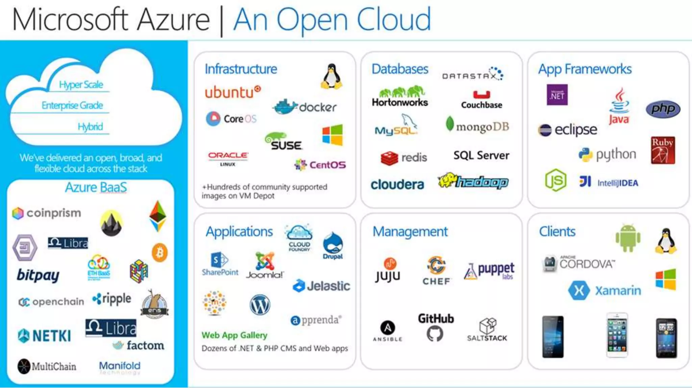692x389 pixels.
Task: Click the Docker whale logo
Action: pos(285,107)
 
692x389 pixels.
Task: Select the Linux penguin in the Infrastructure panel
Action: pos(331,77)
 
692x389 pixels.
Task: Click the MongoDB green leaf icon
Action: pos(449,124)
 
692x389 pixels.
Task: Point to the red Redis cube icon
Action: pos(389,158)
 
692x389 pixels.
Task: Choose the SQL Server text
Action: pos(481,155)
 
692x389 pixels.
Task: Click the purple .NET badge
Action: pos(557,95)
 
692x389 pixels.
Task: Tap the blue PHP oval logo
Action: pos(663,109)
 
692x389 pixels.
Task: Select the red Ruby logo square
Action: pos(663,150)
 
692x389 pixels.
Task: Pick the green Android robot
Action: pos(628,238)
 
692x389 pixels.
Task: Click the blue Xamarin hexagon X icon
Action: pos(579,290)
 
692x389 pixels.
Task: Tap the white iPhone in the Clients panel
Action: pos(617,335)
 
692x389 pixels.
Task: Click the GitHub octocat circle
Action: pos(435,334)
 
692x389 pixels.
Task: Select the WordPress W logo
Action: pos(259,305)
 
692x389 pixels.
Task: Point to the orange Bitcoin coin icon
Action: pos(159,253)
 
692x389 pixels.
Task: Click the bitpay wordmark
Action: pos(38,276)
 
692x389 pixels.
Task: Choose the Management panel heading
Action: pos(410,232)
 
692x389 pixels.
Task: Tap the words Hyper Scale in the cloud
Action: pos(81,84)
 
